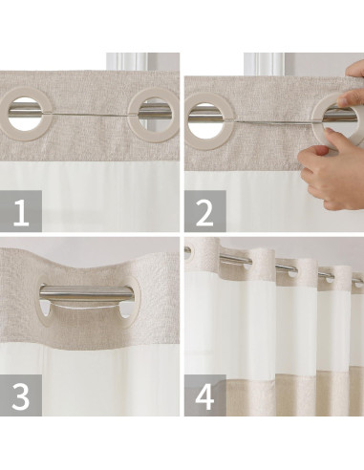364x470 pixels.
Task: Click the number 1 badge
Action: (21, 212)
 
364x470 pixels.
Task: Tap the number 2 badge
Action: (204, 212)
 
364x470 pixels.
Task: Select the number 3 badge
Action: (21, 395)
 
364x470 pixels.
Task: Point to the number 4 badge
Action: (204, 395)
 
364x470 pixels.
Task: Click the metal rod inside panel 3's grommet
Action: (86, 294)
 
